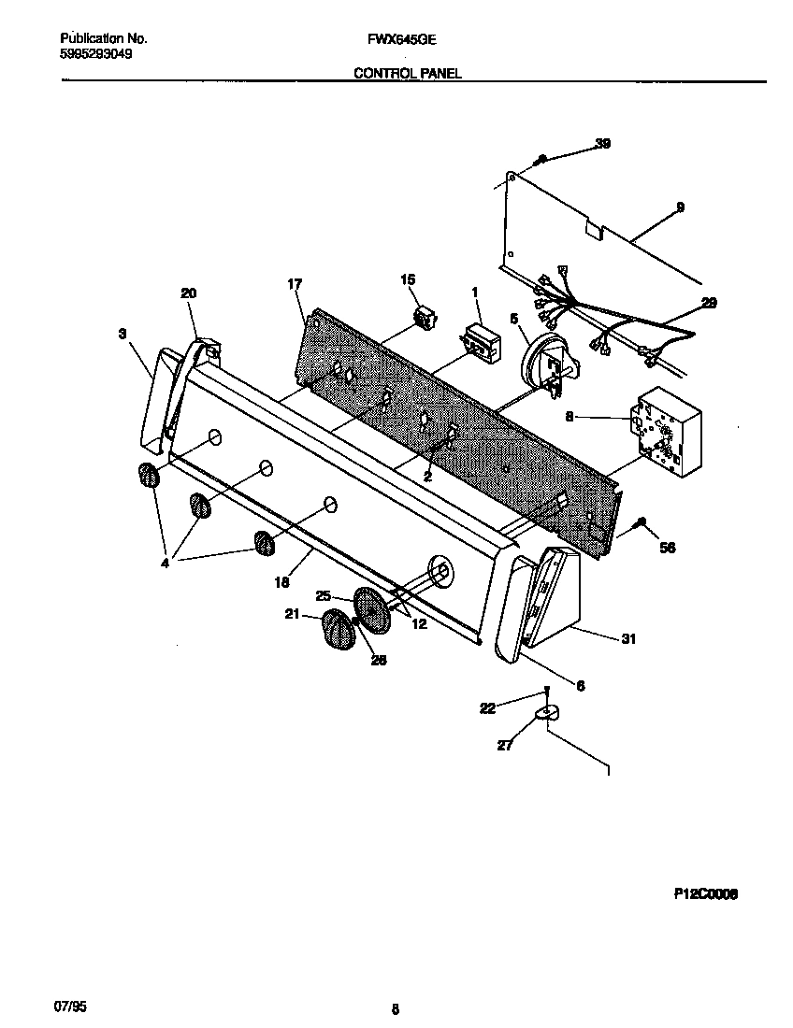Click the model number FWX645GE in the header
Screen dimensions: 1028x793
pos(396,39)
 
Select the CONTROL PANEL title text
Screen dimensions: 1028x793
pos(407,72)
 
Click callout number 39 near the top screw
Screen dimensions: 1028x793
pos(603,143)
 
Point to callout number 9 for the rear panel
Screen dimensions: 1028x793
pos(680,207)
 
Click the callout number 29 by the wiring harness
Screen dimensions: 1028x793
pos(710,304)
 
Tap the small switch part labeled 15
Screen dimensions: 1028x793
pos(427,318)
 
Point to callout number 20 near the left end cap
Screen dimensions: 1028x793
pos(188,293)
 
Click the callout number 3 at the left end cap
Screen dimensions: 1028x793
pos(123,332)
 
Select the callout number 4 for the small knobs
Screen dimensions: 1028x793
pos(165,564)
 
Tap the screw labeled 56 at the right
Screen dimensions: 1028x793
pos(642,523)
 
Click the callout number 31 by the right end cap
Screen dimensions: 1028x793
pos(628,639)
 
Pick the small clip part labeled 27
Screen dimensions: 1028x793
pos(545,714)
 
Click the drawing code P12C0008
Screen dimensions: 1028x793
pos(706,893)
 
